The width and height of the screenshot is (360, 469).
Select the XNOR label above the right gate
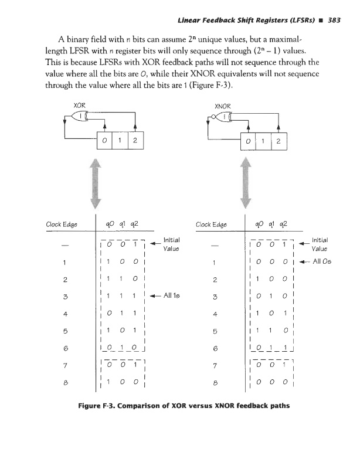click(x=223, y=106)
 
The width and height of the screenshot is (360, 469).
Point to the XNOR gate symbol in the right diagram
click(x=223, y=117)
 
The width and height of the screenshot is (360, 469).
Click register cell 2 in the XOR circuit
click(x=135, y=141)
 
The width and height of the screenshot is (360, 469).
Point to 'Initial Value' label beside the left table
click(x=172, y=244)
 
